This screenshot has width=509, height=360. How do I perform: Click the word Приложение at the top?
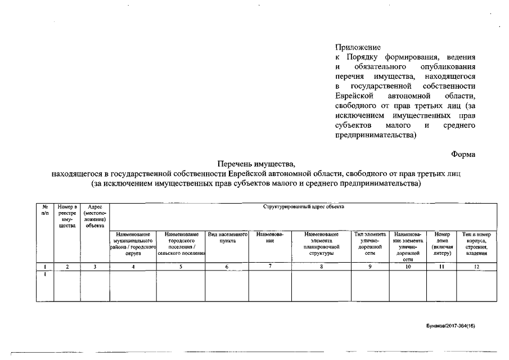(358, 47)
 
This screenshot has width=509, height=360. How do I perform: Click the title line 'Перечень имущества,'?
(256, 164)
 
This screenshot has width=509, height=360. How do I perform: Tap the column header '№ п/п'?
(44, 210)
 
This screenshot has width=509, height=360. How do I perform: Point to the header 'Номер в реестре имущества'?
(67, 217)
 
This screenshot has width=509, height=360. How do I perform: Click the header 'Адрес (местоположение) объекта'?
(94, 217)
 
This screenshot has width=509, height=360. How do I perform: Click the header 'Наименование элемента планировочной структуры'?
(321, 244)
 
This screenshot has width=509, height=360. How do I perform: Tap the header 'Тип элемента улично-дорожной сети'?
(370, 244)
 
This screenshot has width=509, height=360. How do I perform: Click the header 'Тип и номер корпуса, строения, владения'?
(476, 244)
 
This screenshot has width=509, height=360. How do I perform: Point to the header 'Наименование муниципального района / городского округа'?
(133, 244)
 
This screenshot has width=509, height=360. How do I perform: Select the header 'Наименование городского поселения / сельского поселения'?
(181, 244)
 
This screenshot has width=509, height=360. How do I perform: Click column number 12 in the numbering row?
(476, 267)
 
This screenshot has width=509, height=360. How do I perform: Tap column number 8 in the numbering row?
(321, 267)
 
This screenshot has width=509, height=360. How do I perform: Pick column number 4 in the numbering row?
(133, 267)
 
